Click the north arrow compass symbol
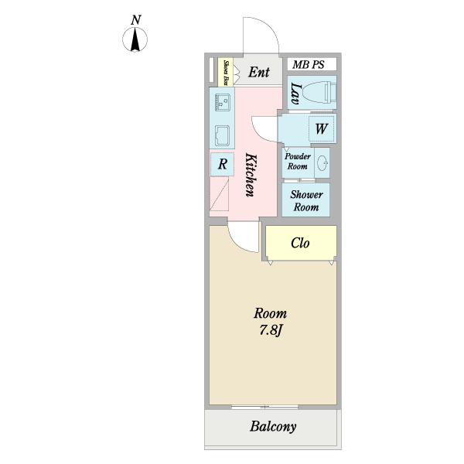(x=137, y=39)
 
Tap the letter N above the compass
(x=137, y=19)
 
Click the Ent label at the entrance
(x=259, y=73)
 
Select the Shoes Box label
(x=226, y=71)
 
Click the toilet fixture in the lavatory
(x=319, y=93)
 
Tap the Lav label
(x=295, y=94)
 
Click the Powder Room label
(x=298, y=161)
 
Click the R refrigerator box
(x=223, y=164)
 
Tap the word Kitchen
(x=251, y=174)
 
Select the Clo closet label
(x=300, y=243)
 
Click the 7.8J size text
(x=271, y=330)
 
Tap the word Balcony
(x=273, y=427)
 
